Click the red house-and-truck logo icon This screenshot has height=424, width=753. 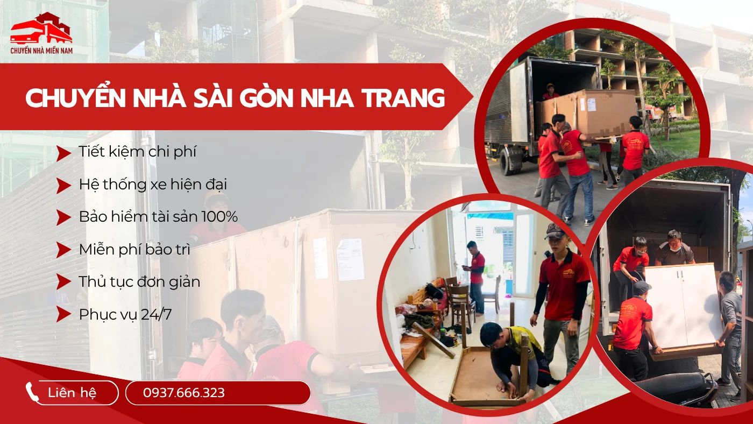(41, 29)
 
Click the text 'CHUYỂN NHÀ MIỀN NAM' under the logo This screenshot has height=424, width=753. (41, 51)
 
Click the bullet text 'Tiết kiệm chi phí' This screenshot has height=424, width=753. (137, 152)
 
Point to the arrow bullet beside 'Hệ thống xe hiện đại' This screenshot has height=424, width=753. (63, 185)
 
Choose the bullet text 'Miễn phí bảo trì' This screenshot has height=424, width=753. (134, 250)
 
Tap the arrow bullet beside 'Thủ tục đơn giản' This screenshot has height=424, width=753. (63, 282)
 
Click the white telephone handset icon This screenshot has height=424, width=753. (33, 393)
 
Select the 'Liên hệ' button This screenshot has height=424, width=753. (72, 393)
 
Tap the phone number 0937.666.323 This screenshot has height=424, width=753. (184, 393)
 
